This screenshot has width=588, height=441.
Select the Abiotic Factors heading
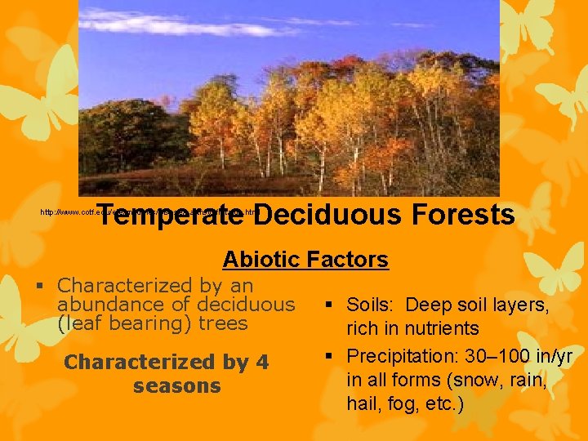[305, 260]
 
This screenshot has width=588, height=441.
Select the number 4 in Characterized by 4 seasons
[261, 362]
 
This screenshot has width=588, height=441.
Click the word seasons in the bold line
[176, 385]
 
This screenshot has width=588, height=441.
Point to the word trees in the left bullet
[221, 323]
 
